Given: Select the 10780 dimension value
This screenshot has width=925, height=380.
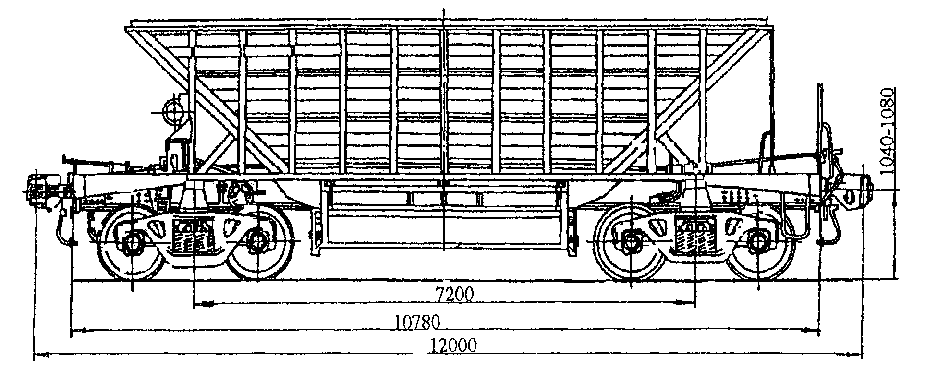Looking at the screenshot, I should tap(417, 321).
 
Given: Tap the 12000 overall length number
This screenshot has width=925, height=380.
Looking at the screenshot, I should tap(453, 345).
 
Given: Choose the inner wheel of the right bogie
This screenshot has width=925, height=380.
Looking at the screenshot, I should tap(630, 242).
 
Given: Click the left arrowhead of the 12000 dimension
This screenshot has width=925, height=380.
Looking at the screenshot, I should tap(39, 356).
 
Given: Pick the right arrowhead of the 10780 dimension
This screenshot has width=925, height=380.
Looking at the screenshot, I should tap(814, 330).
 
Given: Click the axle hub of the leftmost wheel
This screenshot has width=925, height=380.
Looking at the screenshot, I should tap(132, 242).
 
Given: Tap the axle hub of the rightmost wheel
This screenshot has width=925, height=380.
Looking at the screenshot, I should tap(758, 242).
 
